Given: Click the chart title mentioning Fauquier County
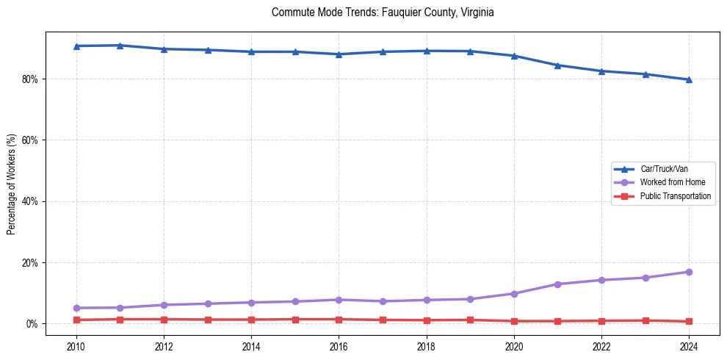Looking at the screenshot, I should click(383, 12).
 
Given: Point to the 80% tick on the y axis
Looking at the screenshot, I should click(31, 79).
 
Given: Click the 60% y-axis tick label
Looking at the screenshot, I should click(31, 140).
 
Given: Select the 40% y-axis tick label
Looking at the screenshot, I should click(31, 201).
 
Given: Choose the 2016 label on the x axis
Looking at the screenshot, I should click(339, 346).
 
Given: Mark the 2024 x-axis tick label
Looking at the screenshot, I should click(689, 346).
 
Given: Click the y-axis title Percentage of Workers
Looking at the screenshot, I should click(12, 184).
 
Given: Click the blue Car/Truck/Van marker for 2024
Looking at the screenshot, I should click(689, 79).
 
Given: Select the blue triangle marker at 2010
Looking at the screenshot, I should click(76, 46).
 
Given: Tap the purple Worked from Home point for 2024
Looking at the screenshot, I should click(689, 272).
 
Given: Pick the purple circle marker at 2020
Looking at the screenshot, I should click(514, 293).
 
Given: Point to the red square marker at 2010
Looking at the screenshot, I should click(76, 320).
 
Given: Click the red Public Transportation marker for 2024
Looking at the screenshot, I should click(689, 321).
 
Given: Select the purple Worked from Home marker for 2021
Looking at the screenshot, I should click(557, 284).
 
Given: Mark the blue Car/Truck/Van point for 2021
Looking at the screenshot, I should click(557, 65).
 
